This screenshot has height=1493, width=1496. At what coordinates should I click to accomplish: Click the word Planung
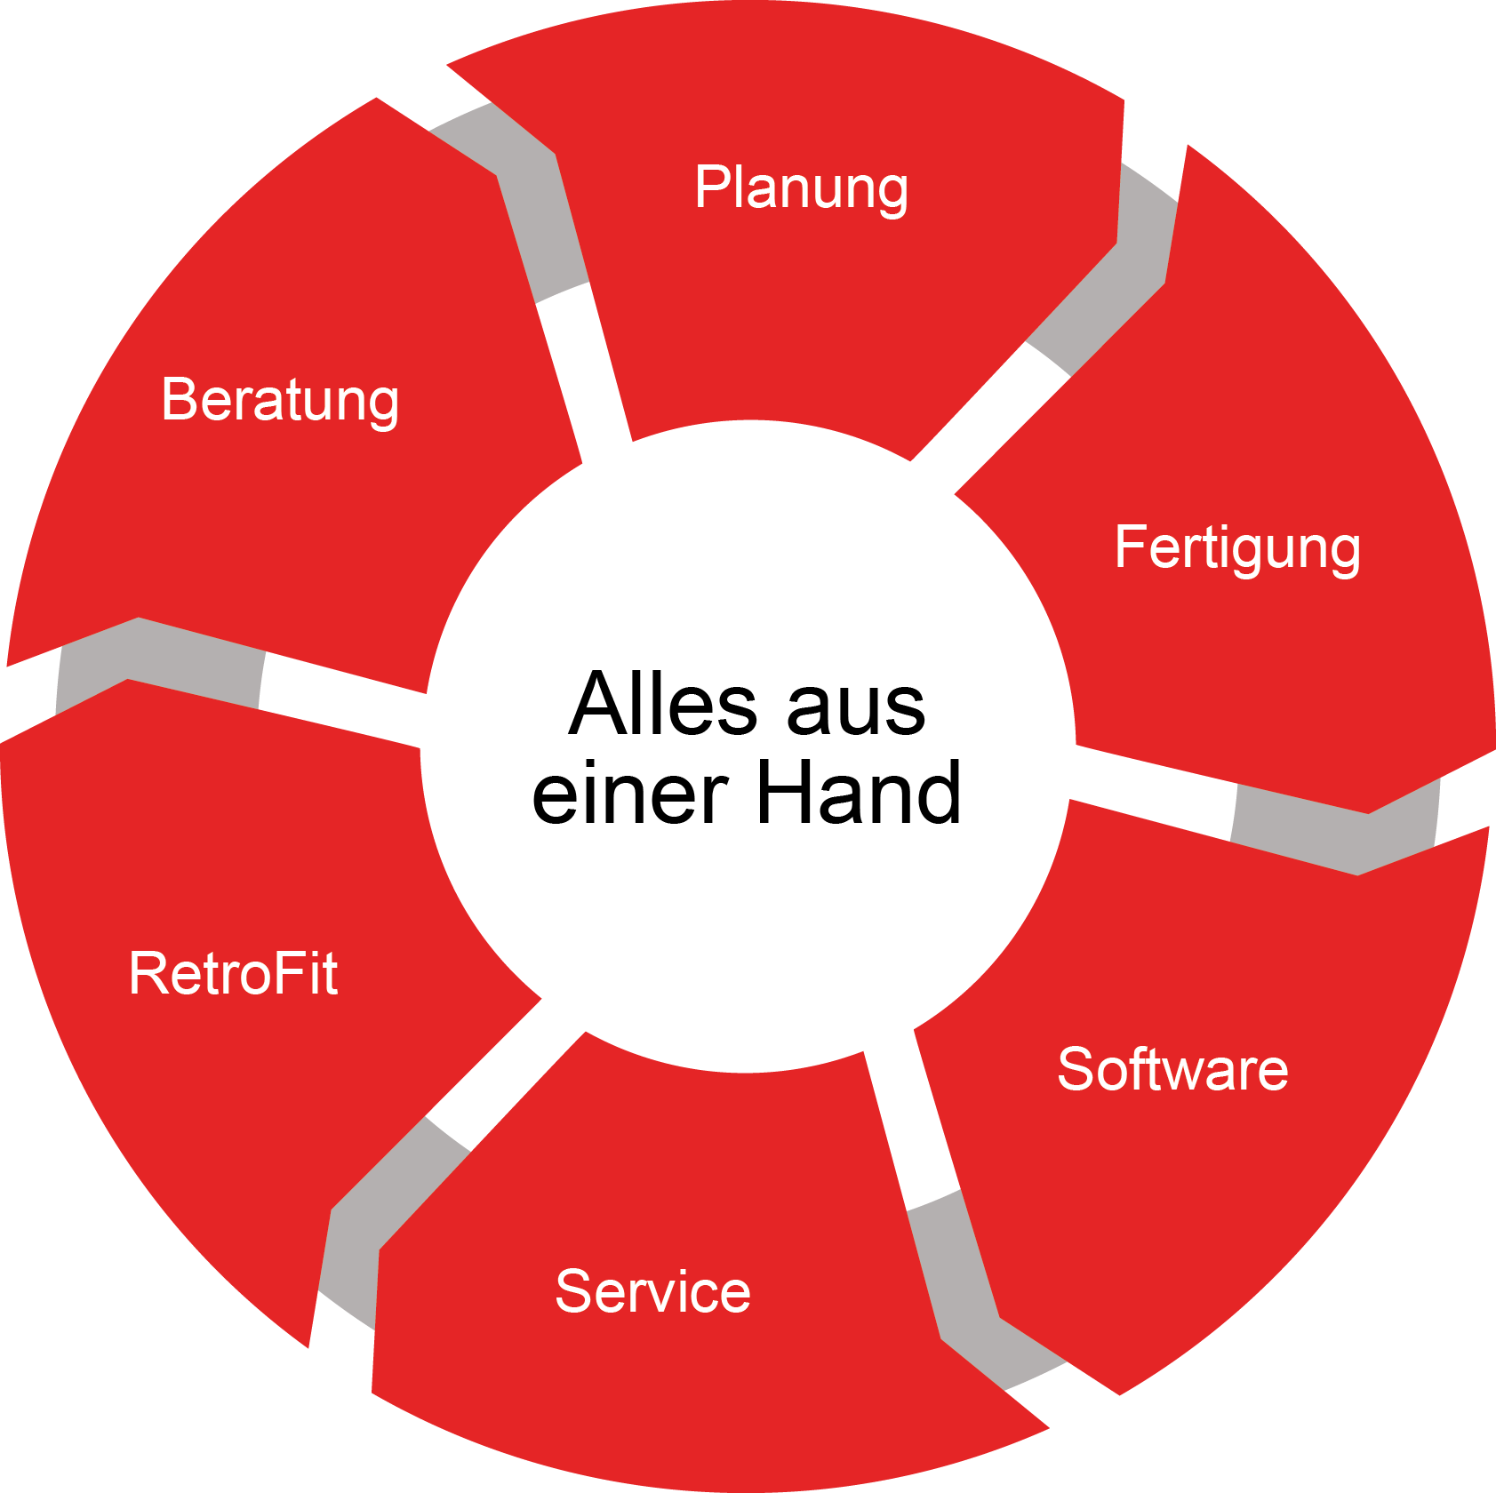tap(802, 188)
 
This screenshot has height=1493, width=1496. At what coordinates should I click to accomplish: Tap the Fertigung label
tap(1237, 548)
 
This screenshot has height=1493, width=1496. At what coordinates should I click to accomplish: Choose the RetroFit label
tap(233, 972)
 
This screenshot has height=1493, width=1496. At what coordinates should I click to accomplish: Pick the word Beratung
tap(280, 401)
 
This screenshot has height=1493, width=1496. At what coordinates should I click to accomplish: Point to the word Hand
tap(858, 791)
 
